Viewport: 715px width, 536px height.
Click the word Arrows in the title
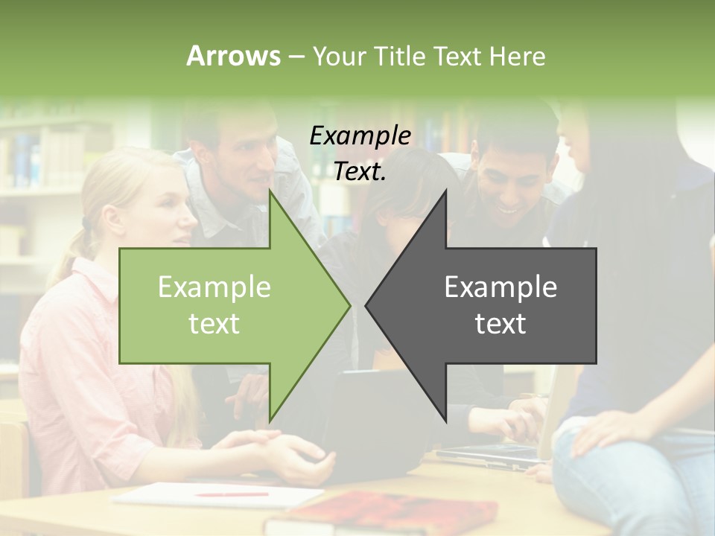tap(233, 56)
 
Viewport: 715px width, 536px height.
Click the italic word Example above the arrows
tap(360, 135)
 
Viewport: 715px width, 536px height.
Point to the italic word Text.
tap(360, 171)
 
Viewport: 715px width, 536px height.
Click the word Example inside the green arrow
tap(214, 287)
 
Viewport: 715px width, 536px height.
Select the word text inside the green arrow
tap(214, 324)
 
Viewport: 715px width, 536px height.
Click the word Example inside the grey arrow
tap(500, 287)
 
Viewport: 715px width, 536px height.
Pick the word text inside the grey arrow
tap(500, 324)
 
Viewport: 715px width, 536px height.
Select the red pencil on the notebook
tap(232, 493)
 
